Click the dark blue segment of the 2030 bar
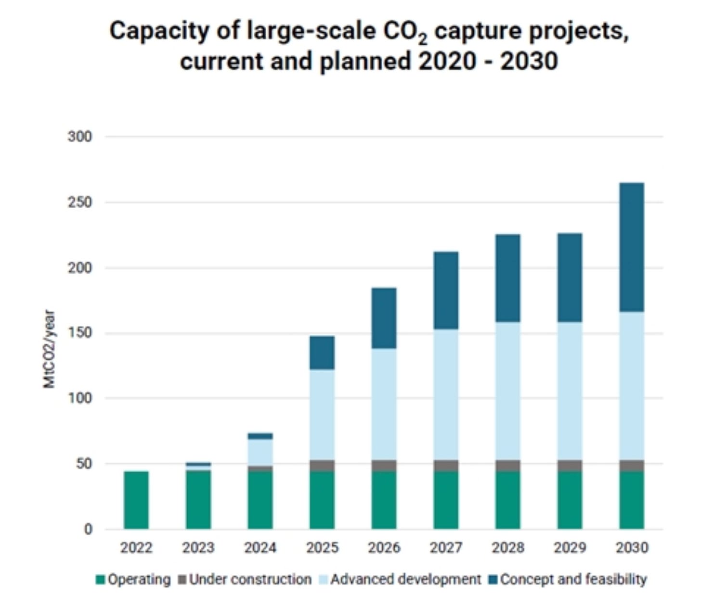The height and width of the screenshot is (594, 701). tap(632, 247)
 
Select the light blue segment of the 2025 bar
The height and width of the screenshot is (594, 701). tap(322, 415)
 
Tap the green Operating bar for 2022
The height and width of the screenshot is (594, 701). tap(136, 500)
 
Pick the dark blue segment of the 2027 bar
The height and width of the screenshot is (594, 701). tap(446, 291)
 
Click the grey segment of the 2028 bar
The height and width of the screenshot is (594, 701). tap(508, 466)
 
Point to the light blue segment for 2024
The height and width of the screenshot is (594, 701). tap(260, 452)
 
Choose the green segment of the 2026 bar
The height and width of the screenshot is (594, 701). tap(384, 500)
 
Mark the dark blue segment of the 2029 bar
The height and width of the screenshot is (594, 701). tap(570, 278)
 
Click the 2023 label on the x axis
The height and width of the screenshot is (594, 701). tap(198, 547)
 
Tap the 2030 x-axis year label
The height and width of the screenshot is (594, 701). tap(632, 547)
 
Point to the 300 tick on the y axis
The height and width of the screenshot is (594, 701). tap(79, 137)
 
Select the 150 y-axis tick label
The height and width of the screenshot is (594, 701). tap(79, 333)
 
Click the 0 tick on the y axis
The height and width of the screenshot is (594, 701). tap(88, 529)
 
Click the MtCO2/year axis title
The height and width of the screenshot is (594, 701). tap(49, 349)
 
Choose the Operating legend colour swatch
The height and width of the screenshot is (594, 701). tap(100, 580)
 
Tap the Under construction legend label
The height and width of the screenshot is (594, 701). tap(250, 580)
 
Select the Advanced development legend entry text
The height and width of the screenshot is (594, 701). tap(405, 580)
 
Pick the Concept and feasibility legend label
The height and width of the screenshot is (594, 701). tap(573, 580)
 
